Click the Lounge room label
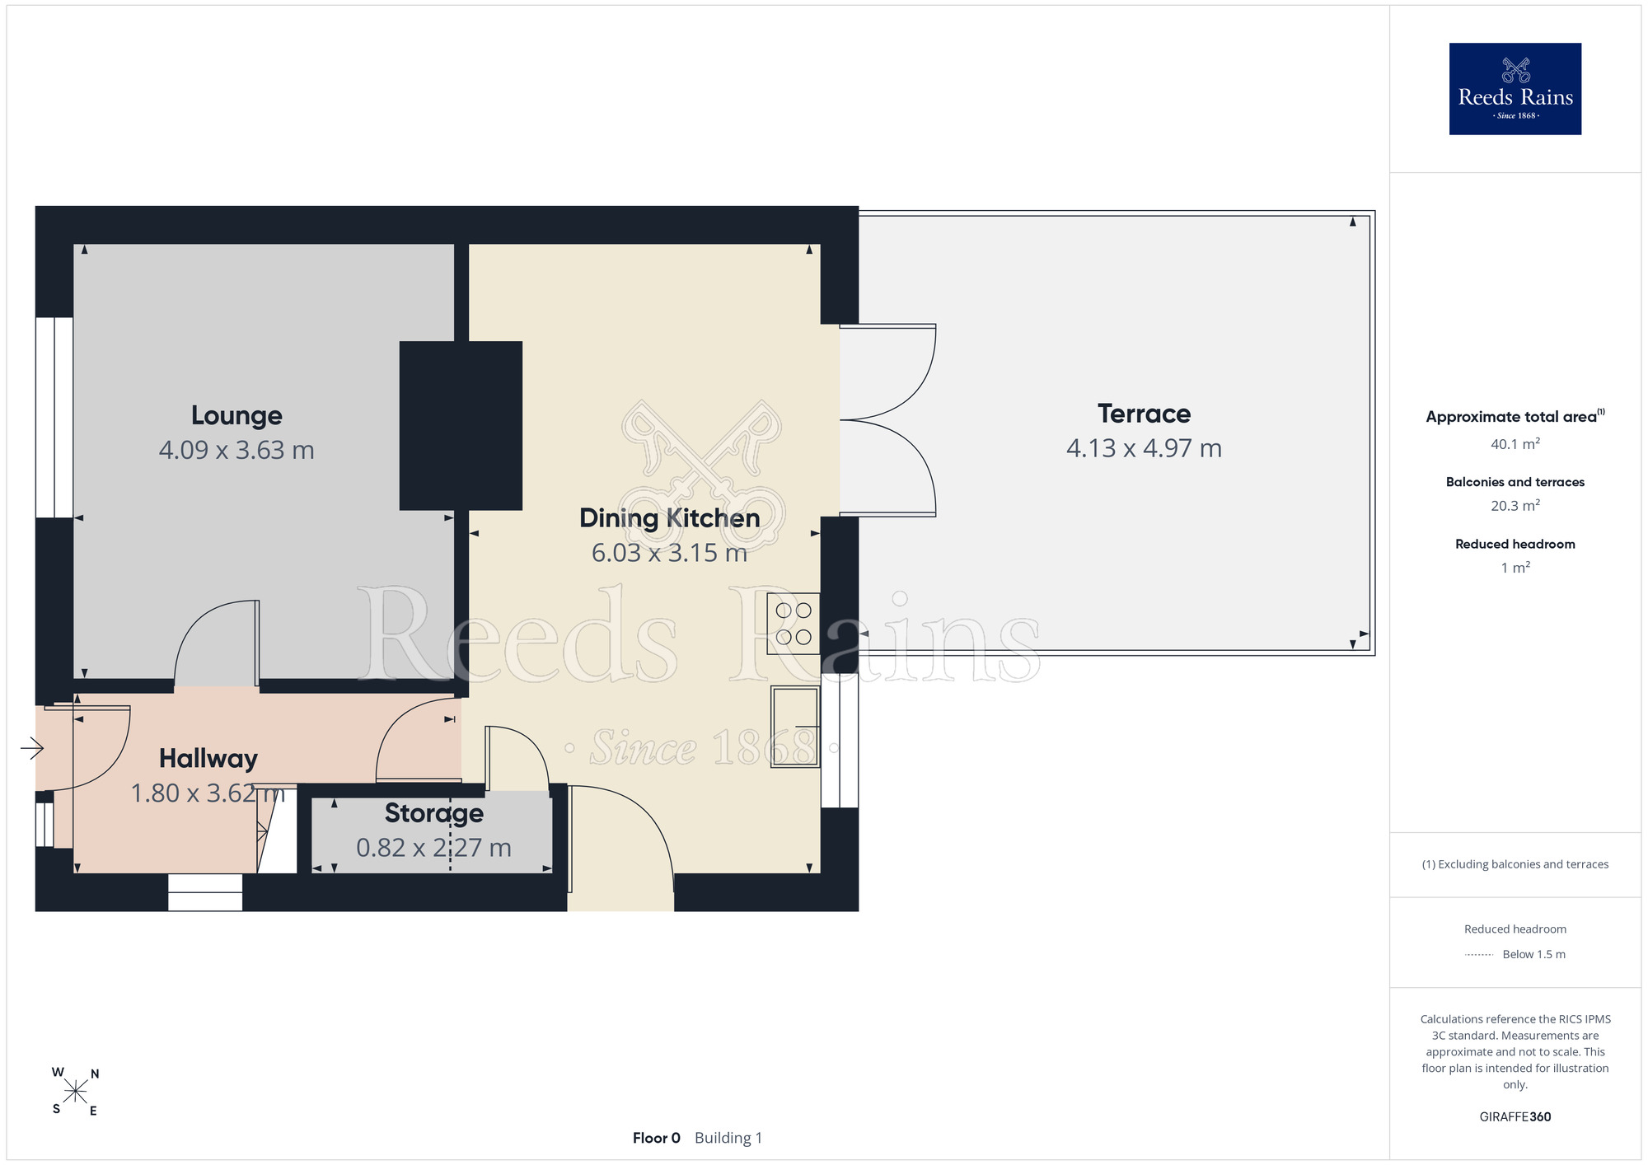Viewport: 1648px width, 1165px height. click(236, 416)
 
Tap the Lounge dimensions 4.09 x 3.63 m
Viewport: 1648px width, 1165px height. click(236, 451)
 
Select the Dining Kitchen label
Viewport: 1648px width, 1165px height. click(669, 518)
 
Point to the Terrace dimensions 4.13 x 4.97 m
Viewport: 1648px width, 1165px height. click(1144, 448)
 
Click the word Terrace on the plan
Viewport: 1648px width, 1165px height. click(1144, 414)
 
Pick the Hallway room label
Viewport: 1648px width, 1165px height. click(208, 759)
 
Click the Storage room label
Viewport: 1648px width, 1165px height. click(434, 813)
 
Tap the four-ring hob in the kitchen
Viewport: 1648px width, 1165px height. click(794, 624)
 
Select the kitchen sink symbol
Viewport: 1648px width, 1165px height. click(795, 727)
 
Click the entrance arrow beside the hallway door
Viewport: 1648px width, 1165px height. click(32, 748)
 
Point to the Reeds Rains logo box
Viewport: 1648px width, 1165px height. click(1515, 89)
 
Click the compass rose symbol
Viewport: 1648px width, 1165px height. click(75, 1092)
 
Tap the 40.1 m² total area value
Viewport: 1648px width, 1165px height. click(1515, 444)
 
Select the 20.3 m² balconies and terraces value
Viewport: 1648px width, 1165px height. click(1515, 506)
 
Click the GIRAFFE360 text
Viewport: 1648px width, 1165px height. click(1515, 1117)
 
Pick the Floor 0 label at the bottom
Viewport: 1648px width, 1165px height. click(657, 1138)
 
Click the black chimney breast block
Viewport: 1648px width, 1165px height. click(461, 426)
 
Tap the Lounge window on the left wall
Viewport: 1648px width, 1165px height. click(54, 418)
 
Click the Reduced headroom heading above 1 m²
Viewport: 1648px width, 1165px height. click(1515, 544)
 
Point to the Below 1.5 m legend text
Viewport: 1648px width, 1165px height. click(1534, 954)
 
